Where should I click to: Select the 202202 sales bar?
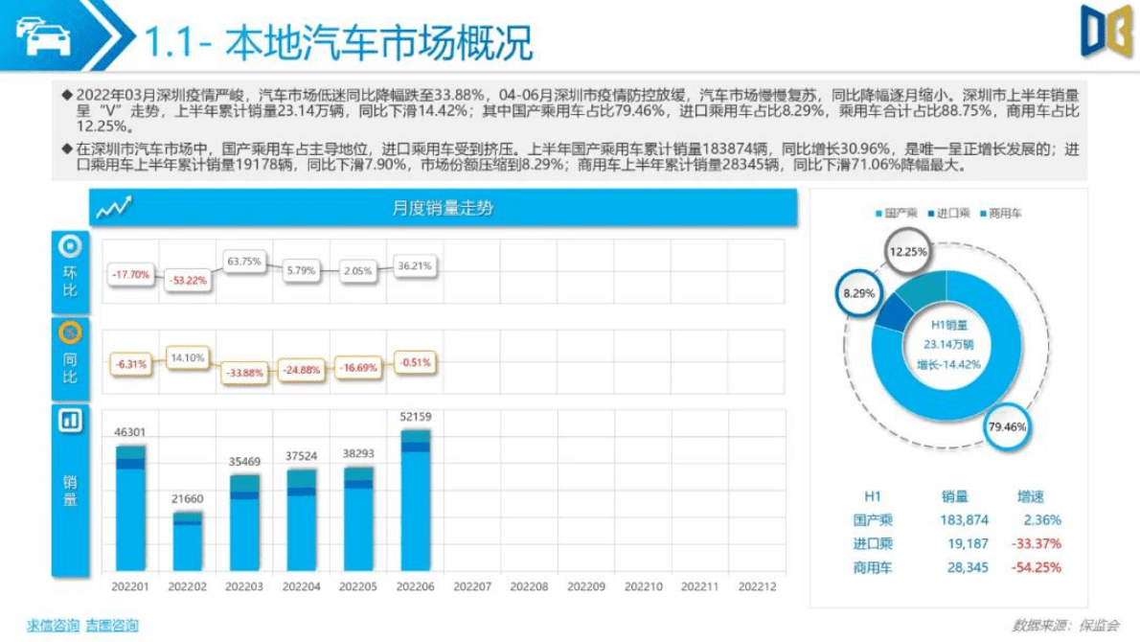188,541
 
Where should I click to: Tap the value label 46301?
130,433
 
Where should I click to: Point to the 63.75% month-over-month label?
244,261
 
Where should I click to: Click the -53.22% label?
188,280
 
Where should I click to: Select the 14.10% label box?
188,357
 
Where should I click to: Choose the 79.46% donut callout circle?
1006,426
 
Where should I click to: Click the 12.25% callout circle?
908,252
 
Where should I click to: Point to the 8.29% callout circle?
858,293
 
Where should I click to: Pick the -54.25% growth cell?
1036,567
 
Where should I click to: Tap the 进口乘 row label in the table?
873,544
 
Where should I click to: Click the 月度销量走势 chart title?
443,208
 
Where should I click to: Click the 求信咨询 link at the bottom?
53,626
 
